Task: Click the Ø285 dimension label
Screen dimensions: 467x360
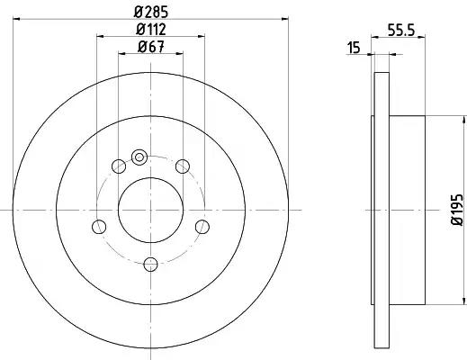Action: pos(151,12)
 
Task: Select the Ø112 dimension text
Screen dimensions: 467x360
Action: pos(151,30)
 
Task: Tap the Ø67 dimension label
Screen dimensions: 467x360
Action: pos(151,47)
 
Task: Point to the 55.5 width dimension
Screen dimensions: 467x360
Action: pos(401,30)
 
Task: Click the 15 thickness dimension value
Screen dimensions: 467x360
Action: pos(354,48)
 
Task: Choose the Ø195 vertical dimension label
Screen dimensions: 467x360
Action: pos(458,210)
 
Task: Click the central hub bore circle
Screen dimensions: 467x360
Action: pos(150,210)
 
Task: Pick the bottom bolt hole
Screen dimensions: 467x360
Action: pos(150,265)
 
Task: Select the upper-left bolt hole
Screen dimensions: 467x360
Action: pos(119,166)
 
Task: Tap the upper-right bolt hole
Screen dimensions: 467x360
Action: pos(183,166)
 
